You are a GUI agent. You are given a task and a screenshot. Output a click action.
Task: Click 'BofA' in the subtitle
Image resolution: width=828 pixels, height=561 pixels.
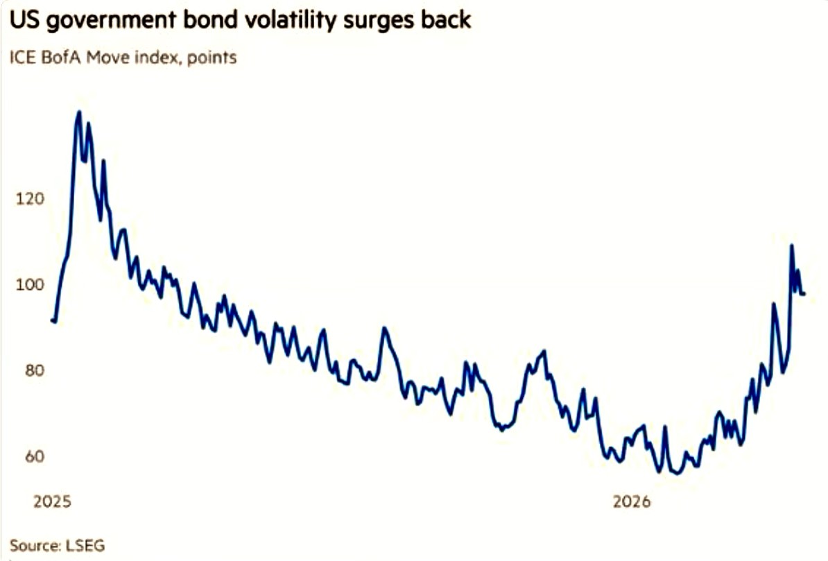pyautogui.click(x=63, y=58)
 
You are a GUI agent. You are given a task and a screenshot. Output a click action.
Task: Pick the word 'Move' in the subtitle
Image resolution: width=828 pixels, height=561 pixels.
pyautogui.click(x=108, y=58)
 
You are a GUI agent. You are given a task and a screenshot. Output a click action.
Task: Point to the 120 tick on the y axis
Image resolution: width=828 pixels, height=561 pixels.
pyautogui.click(x=30, y=199)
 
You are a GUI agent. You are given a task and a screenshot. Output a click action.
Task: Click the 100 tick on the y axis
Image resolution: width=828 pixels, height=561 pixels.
pyautogui.click(x=30, y=285)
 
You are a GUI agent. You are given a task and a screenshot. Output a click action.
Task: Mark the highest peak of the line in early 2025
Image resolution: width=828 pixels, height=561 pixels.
pyautogui.click(x=78, y=112)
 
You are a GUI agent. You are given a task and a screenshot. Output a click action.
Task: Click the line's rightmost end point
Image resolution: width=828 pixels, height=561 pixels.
pyautogui.click(x=804, y=294)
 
